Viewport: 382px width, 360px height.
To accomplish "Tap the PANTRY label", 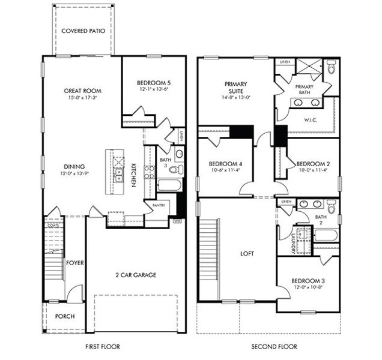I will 158,205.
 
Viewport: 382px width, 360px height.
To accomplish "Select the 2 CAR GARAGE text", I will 136,275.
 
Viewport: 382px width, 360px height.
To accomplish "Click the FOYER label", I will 74,263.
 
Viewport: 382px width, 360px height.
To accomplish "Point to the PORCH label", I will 65,316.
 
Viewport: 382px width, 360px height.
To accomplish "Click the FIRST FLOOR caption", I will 102,347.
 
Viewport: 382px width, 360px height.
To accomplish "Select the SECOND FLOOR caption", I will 274,347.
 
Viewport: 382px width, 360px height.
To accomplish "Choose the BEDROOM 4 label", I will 225,164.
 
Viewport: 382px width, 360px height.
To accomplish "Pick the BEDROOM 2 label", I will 314,163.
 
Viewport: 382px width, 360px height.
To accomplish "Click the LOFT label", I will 246,254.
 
